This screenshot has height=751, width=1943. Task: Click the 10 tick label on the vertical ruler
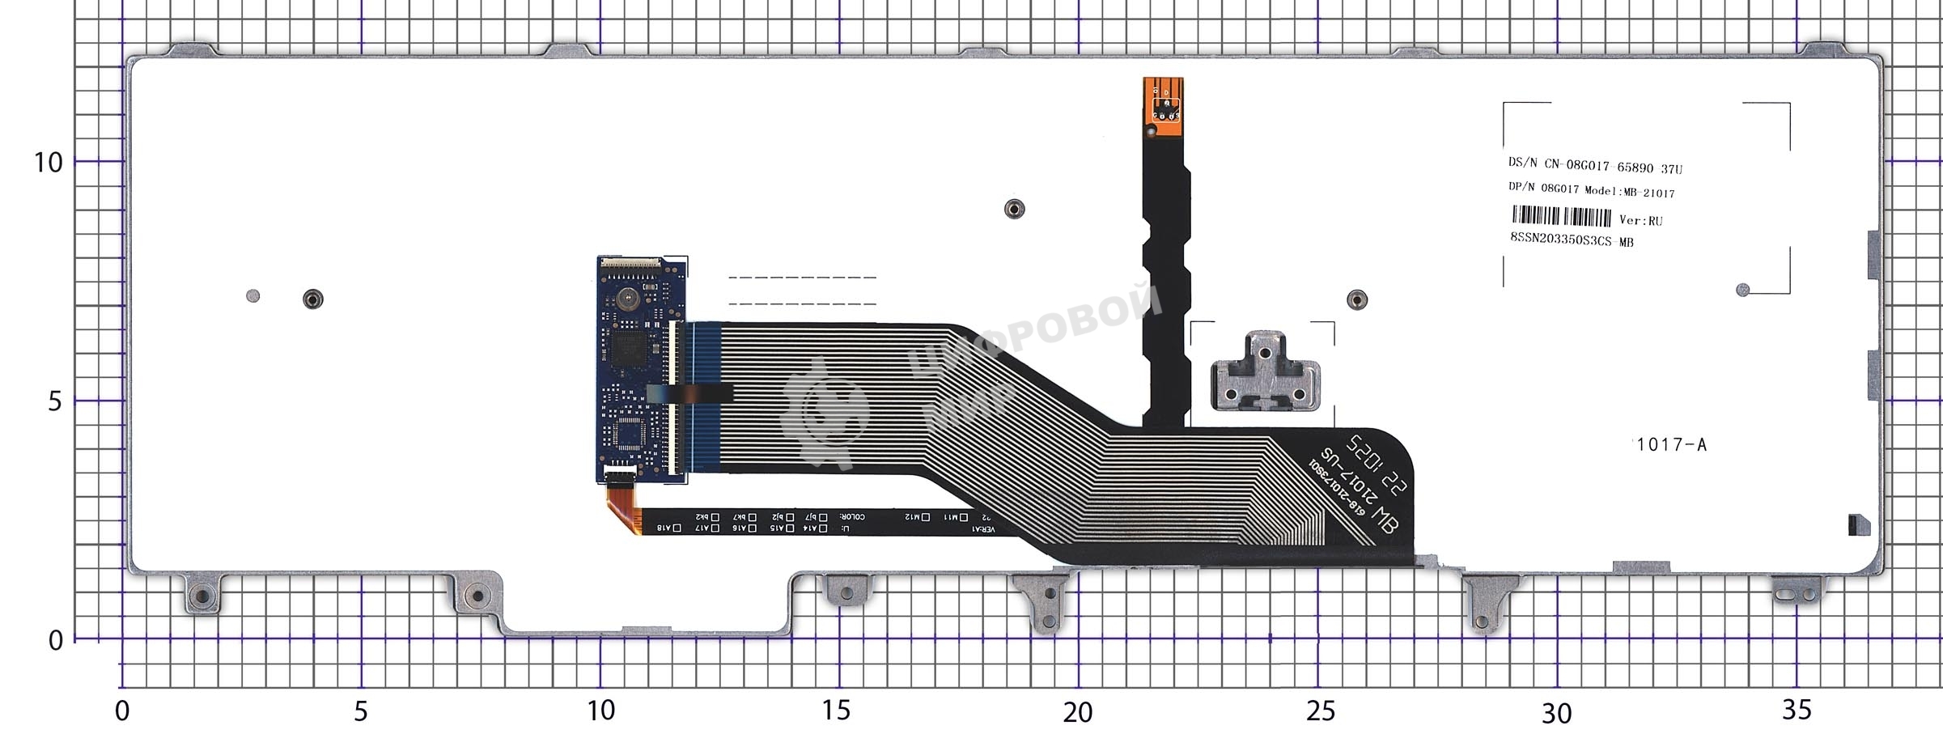pos(48,163)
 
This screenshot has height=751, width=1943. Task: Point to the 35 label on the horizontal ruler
pos(1797,710)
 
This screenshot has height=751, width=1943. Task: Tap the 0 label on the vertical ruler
pos(55,640)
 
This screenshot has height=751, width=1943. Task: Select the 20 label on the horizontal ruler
pos(1077,712)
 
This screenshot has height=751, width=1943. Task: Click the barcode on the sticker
pos(1561,217)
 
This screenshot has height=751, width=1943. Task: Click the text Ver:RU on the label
pos(1640,220)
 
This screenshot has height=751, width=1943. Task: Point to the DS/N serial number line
pos(1594,165)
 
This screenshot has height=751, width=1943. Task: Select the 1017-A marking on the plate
pos(1670,444)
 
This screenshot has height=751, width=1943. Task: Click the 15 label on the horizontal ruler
pos(836,711)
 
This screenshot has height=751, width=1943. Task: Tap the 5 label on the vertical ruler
pos(54,401)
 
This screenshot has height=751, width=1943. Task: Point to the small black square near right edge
pos(1859,525)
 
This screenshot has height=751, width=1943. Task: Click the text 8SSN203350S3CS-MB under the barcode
pos(1572,240)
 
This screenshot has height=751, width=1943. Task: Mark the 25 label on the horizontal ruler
pos(1320,711)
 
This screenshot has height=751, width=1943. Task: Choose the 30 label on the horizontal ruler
pos(1556,713)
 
